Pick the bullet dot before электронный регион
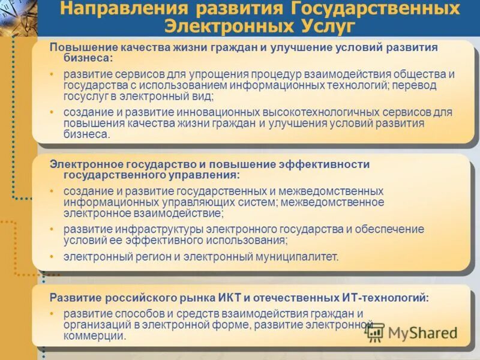pyautogui.click(x=52, y=257)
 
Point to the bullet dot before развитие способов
pyautogui.click(x=52, y=314)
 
